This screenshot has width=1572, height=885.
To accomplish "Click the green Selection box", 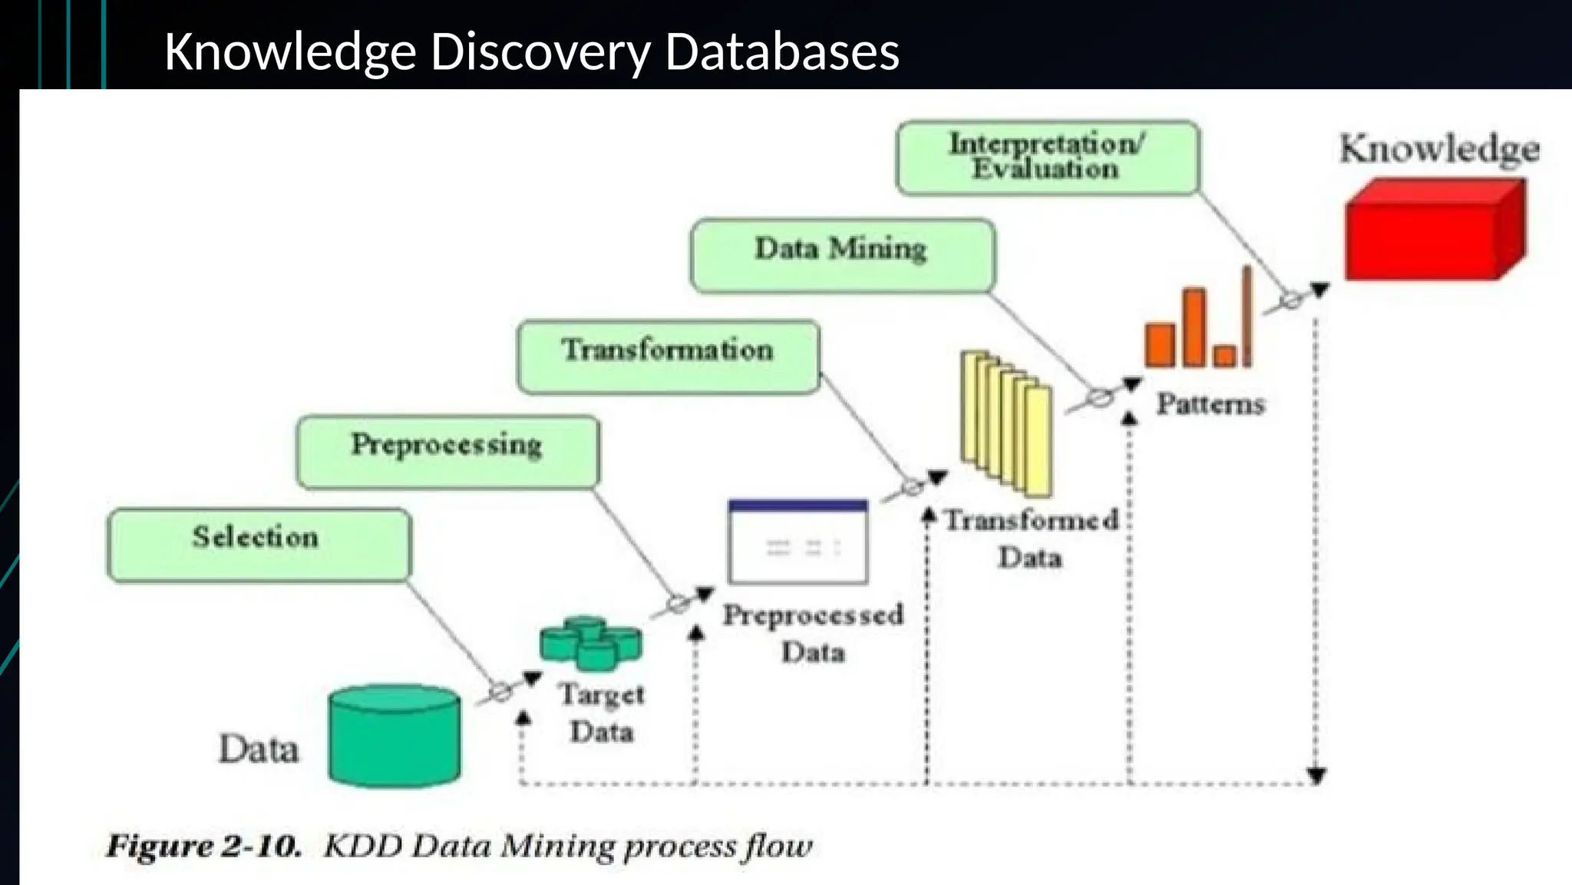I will click(x=259, y=545).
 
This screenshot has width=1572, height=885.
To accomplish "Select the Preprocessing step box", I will click(x=447, y=452).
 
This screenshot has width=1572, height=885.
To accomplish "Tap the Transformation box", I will click(x=668, y=357).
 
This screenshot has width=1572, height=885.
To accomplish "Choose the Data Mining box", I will click(x=842, y=256).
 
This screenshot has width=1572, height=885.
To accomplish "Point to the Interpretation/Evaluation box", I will click(x=1047, y=157).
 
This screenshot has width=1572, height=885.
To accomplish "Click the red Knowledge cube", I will click(x=1435, y=230).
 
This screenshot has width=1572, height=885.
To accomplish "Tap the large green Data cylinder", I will click(x=395, y=735).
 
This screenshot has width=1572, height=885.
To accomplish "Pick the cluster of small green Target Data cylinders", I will click(x=590, y=642).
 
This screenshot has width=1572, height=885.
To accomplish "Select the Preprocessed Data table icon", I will click(x=798, y=542).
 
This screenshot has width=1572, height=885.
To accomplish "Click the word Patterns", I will click(x=1210, y=404).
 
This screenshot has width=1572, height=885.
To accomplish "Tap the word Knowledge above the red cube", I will click(x=1439, y=149).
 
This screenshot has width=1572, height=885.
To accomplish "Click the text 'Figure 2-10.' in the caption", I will click(x=203, y=847).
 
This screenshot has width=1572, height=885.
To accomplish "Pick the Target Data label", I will click(x=602, y=713).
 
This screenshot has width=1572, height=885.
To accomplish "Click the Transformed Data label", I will click(x=1031, y=539).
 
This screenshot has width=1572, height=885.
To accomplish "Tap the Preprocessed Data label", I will click(x=813, y=633).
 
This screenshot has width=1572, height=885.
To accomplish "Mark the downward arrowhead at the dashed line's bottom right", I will click(x=1316, y=775).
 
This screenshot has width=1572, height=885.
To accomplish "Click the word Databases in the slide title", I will click(x=782, y=52).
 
